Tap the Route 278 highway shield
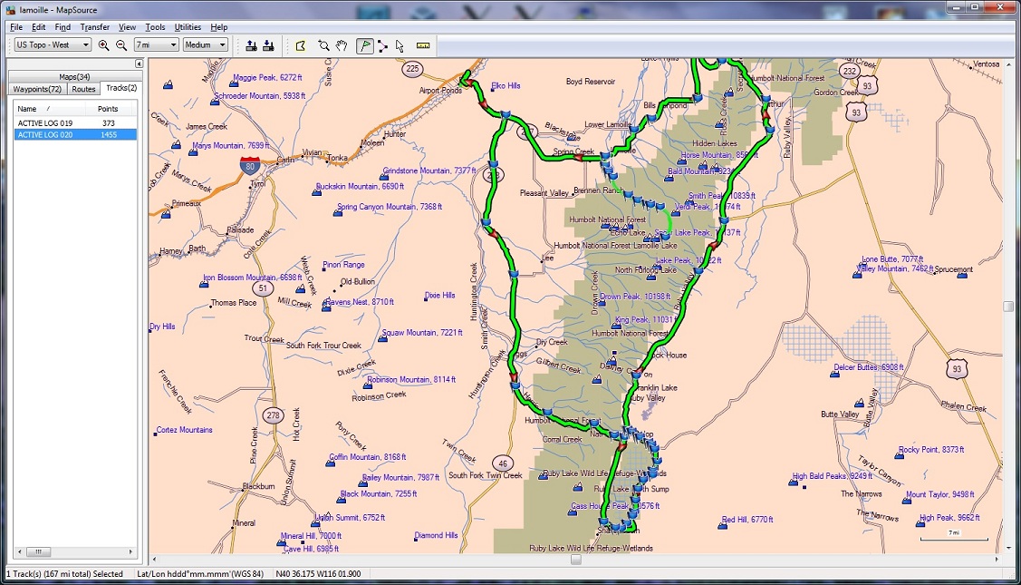[273, 415]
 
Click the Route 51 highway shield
[261, 288]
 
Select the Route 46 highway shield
[504, 463]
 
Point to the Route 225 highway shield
[413, 69]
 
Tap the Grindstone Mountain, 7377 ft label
[429, 171]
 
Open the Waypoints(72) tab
[36, 89]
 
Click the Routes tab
[83, 89]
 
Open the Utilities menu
[188, 27]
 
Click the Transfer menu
[94, 27]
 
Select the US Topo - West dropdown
[53, 44]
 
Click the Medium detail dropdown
[205, 44]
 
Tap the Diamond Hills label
[436, 535]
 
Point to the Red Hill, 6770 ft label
[746, 520]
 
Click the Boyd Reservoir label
[590, 82]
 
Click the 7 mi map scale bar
[953, 538]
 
